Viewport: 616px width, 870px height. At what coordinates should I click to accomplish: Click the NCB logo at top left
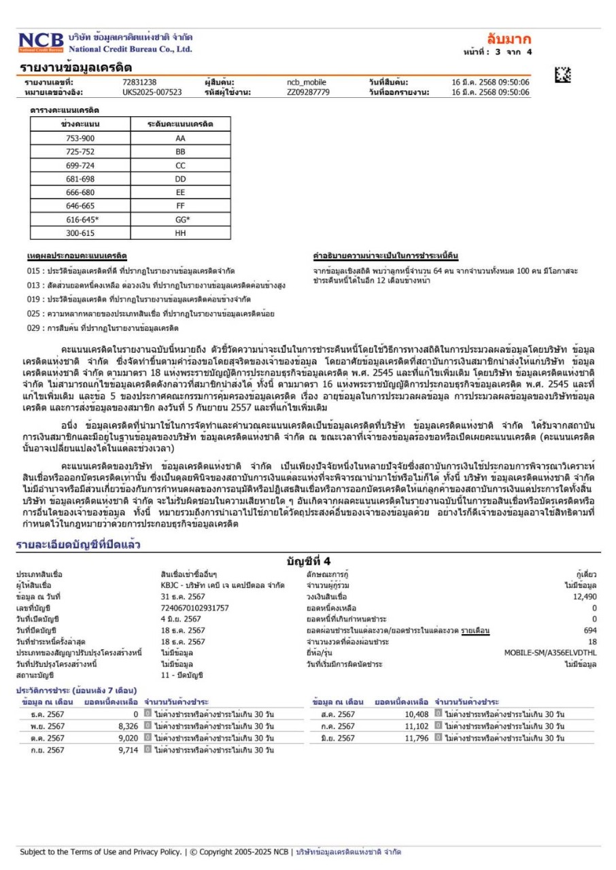pyautogui.click(x=41, y=42)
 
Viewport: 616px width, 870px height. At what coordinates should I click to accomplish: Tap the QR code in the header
pyautogui.click(x=562, y=76)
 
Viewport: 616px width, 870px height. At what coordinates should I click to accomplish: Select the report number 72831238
pyautogui.click(x=139, y=82)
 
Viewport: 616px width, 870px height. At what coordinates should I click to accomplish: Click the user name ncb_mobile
pyautogui.click(x=307, y=82)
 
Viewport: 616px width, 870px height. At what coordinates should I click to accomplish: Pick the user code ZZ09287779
pyautogui.click(x=308, y=92)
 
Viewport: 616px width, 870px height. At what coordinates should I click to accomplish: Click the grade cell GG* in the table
pyautogui.click(x=180, y=220)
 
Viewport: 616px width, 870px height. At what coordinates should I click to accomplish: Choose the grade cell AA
pyautogui.click(x=180, y=138)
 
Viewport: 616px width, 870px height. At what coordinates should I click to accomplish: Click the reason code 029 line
pyautogui.click(x=103, y=328)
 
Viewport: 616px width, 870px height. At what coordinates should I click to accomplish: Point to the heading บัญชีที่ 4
pyautogui.click(x=308, y=561)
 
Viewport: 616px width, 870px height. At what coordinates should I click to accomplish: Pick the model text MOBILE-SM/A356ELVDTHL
pyautogui.click(x=550, y=652)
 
